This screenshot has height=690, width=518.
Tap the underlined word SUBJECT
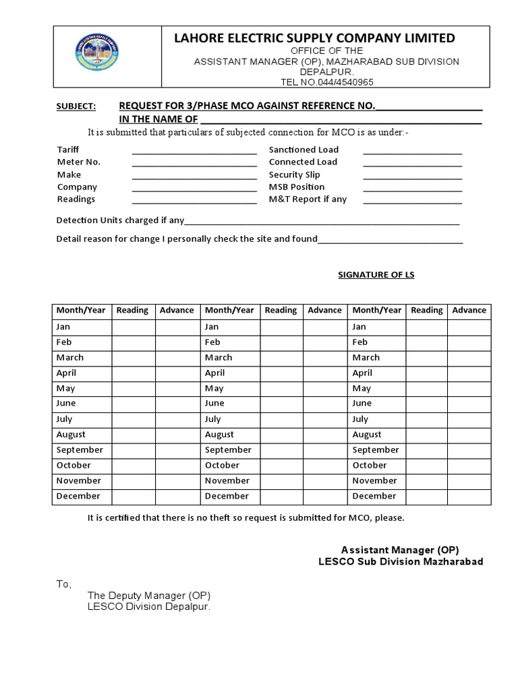pyautogui.click(x=76, y=106)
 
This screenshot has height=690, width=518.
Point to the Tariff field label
pyautogui.click(x=68, y=150)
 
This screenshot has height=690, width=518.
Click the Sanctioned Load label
pyautogui.click(x=304, y=150)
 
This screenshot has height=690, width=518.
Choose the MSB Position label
pyautogui.click(x=297, y=187)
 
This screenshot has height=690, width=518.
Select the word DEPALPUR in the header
pyautogui.click(x=326, y=71)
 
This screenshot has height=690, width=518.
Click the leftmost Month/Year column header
pyautogui.click(x=81, y=311)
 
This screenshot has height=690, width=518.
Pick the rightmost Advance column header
pyautogui.click(x=469, y=311)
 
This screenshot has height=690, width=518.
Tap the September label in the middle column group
pyautogui.click(x=228, y=450)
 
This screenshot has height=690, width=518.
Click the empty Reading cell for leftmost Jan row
pyautogui.click(x=132, y=327)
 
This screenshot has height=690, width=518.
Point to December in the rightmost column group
pyautogui.click(x=374, y=497)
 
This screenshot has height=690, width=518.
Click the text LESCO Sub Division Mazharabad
pyautogui.click(x=401, y=561)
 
